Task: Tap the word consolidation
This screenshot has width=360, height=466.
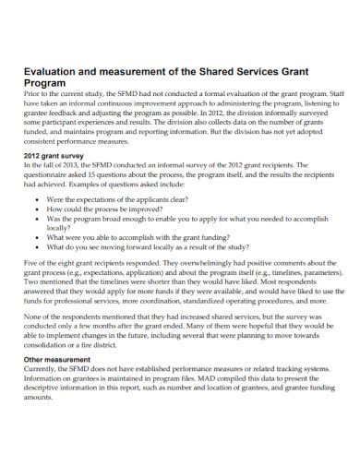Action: pos(45,347)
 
